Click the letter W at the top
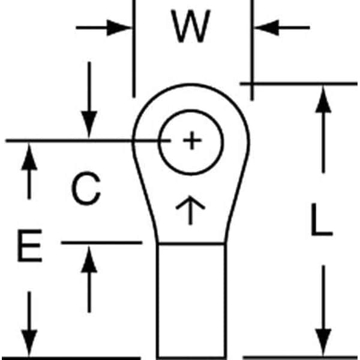(191, 27)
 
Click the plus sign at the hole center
(191, 142)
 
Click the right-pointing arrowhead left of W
(120, 27)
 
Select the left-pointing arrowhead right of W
(265, 27)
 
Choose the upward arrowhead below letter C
(89, 258)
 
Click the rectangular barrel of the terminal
(191, 300)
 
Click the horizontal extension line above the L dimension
(300, 83)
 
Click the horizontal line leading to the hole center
(72, 141)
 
